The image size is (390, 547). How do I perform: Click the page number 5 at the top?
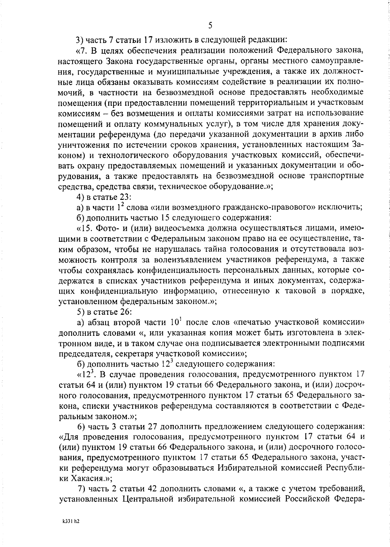210,25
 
